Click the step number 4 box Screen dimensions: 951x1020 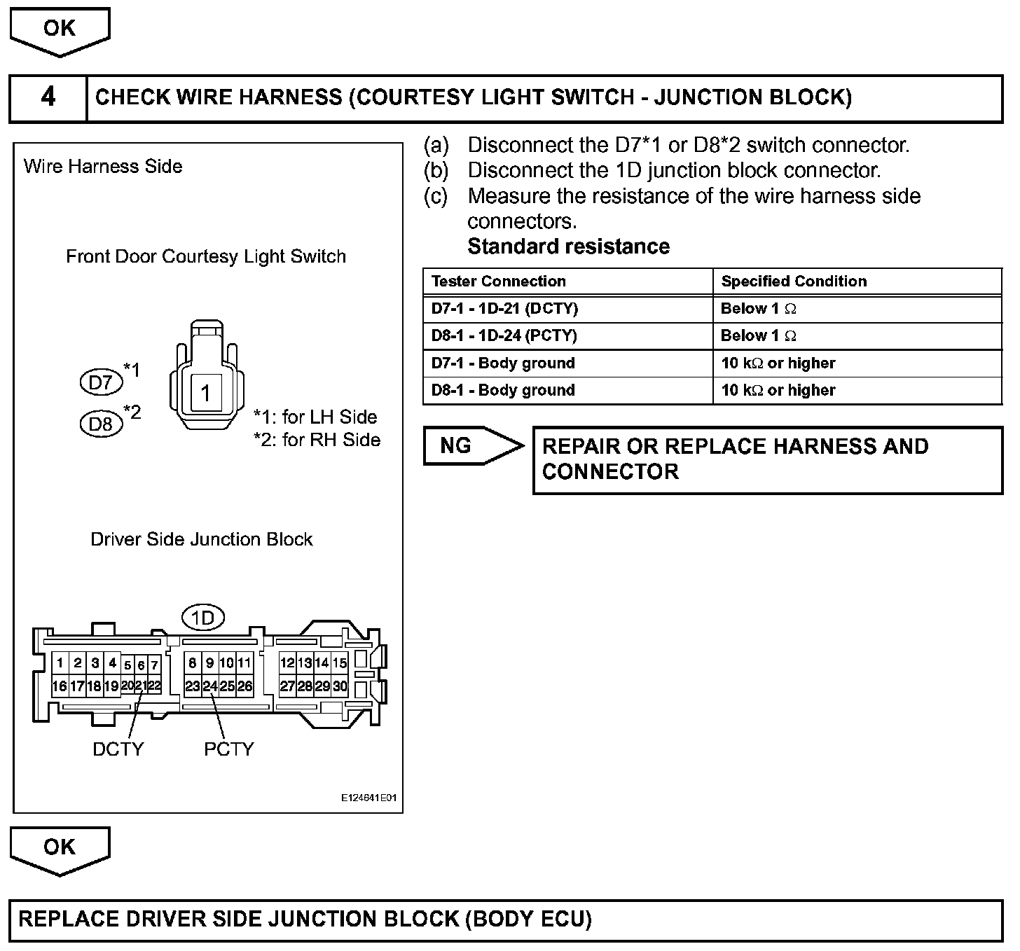coord(48,97)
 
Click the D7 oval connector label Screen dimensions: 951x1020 coord(101,382)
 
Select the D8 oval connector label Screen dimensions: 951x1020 coord(101,424)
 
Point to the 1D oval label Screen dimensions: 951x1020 coord(202,618)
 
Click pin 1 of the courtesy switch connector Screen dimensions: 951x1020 coord(205,393)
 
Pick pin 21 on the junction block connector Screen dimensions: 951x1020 coord(141,686)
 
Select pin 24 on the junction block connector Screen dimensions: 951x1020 coord(210,686)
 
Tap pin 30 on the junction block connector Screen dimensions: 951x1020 coord(340,686)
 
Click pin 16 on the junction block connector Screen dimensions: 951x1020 coord(60,686)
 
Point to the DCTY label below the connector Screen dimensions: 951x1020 coord(118,749)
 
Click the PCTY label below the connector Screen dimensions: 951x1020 coord(228,749)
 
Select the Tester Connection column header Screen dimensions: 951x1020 coord(498,282)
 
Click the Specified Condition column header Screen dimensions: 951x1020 coord(794,282)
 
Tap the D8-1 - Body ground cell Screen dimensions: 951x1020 coord(503,391)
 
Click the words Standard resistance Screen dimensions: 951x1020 coord(568,247)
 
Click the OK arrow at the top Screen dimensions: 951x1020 coord(60,29)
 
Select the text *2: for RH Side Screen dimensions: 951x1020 coord(317,440)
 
